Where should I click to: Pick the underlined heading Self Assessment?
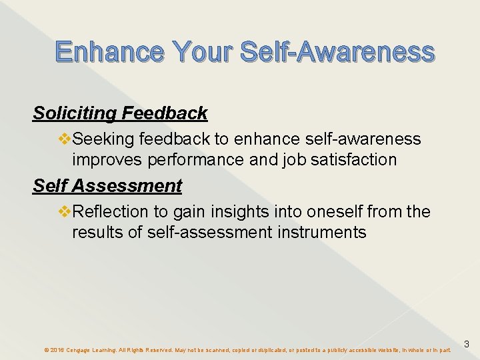[x=107, y=185]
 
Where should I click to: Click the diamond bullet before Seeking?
[x=65, y=139]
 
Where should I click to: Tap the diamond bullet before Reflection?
[x=65, y=211]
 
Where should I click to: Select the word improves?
[x=103, y=160]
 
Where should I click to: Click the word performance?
[x=180, y=160]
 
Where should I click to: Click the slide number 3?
[x=467, y=345]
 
